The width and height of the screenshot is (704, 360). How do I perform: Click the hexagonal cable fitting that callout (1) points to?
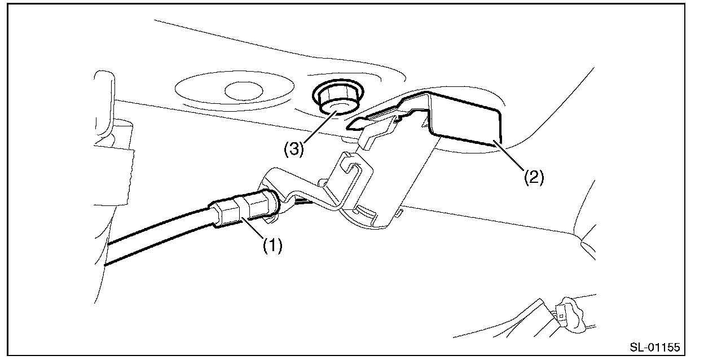point(231,213)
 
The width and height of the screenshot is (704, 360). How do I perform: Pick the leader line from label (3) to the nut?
point(319,127)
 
